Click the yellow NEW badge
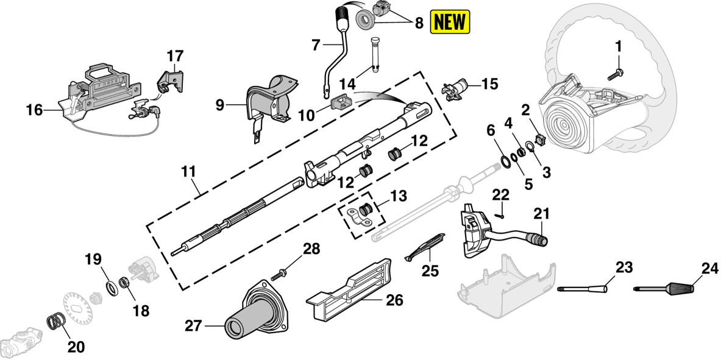pos(450,22)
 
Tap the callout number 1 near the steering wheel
pos(619,46)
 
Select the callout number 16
pos(35,110)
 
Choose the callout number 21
pos(541,214)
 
